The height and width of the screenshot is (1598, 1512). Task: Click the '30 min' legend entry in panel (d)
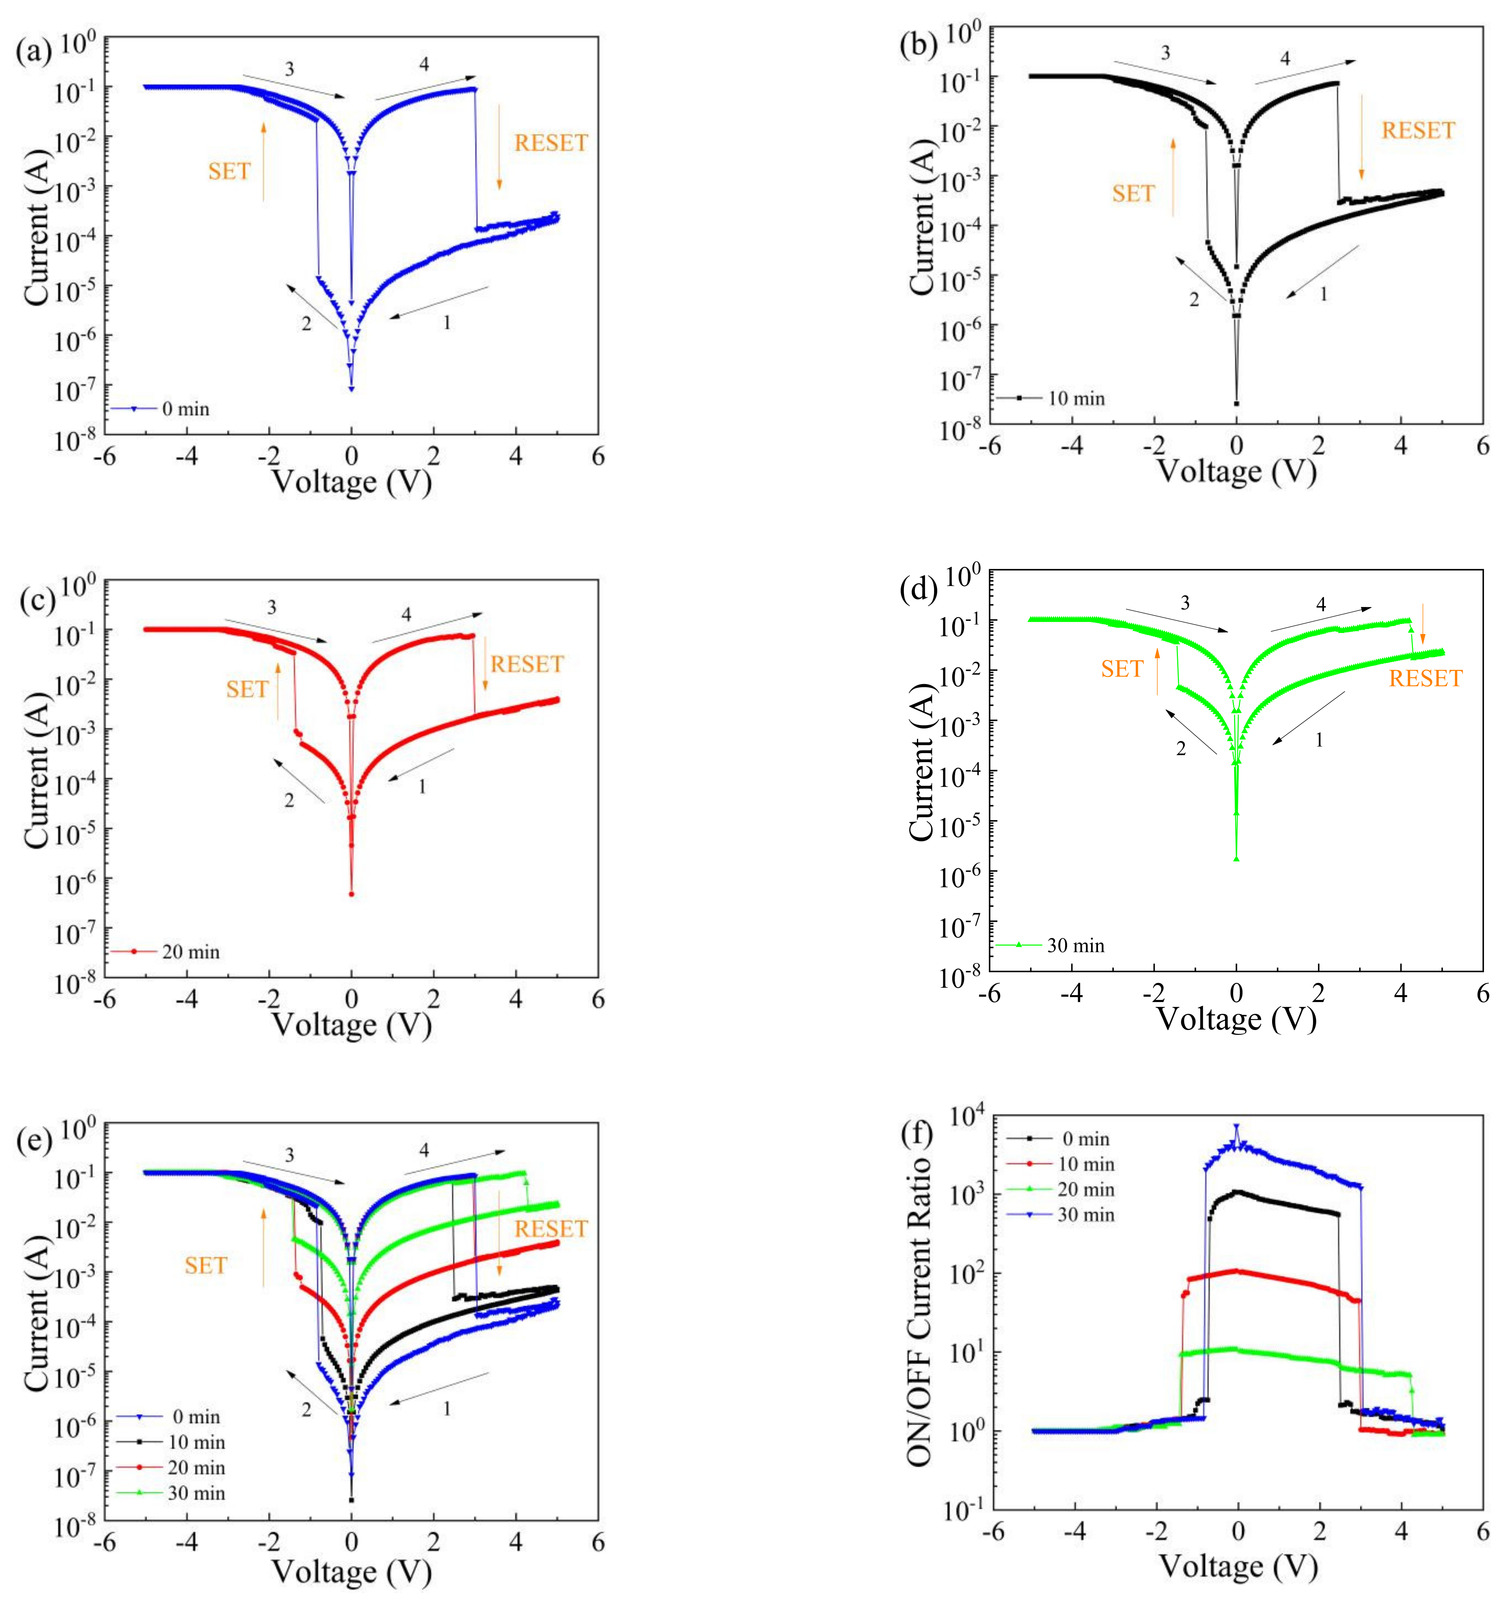coord(1075,946)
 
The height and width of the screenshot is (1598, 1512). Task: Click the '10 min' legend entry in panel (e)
coord(196,1443)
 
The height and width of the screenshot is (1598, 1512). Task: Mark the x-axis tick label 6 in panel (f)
coord(1483,1530)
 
